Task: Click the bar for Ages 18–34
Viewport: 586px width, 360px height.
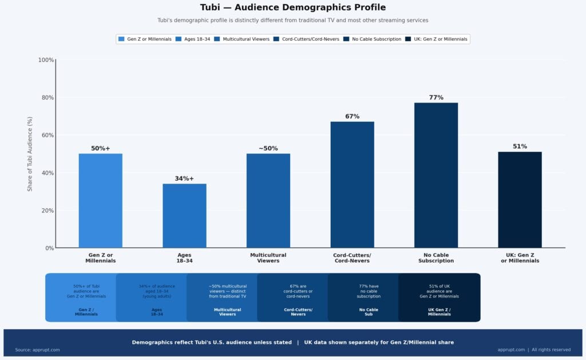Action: (x=184, y=216)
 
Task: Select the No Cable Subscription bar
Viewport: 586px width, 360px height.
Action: (x=436, y=175)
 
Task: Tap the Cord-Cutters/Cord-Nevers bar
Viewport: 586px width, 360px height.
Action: (x=352, y=184)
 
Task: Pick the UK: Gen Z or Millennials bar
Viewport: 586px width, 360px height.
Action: (x=520, y=200)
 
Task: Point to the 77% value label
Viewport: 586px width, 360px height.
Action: (x=436, y=97)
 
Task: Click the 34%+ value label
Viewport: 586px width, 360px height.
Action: (x=184, y=179)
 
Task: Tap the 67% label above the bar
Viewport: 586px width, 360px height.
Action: (x=352, y=116)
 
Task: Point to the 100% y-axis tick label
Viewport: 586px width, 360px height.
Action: (x=46, y=60)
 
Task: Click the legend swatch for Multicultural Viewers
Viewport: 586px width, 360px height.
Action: (x=218, y=39)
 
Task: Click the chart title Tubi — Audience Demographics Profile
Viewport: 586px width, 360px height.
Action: (x=293, y=7)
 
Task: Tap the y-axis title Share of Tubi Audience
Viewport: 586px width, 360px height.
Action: (x=30, y=154)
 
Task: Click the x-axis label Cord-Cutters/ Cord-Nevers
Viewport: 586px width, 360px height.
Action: (x=352, y=258)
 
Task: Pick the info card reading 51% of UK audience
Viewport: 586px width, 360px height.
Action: (x=439, y=298)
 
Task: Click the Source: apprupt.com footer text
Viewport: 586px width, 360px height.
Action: (x=37, y=350)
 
